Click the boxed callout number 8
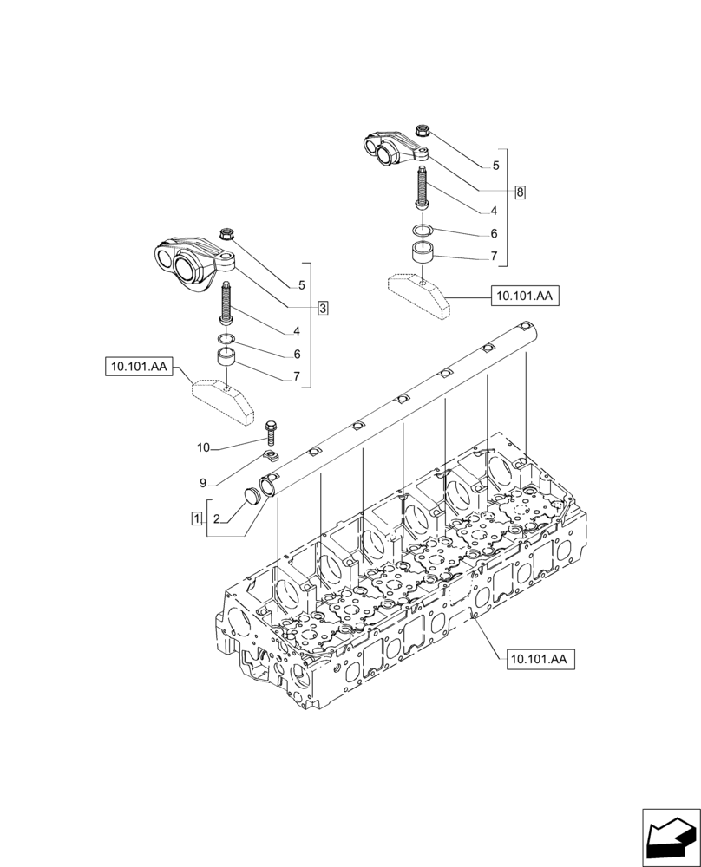pyautogui.click(x=520, y=192)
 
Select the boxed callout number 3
pyautogui.click(x=322, y=308)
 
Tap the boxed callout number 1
pyautogui.click(x=197, y=518)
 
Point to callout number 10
pyautogui.click(x=203, y=448)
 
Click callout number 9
pyautogui.click(x=203, y=482)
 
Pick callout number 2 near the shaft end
pyautogui.click(x=217, y=518)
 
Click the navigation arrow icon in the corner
pyautogui.click(x=669, y=835)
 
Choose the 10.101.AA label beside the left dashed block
pyautogui.click(x=138, y=368)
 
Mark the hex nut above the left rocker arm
pyautogui.click(x=229, y=232)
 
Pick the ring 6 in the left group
pyautogui.click(x=226, y=337)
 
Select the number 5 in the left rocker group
pyautogui.click(x=300, y=285)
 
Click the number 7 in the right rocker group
pyautogui.click(x=494, y=257)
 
